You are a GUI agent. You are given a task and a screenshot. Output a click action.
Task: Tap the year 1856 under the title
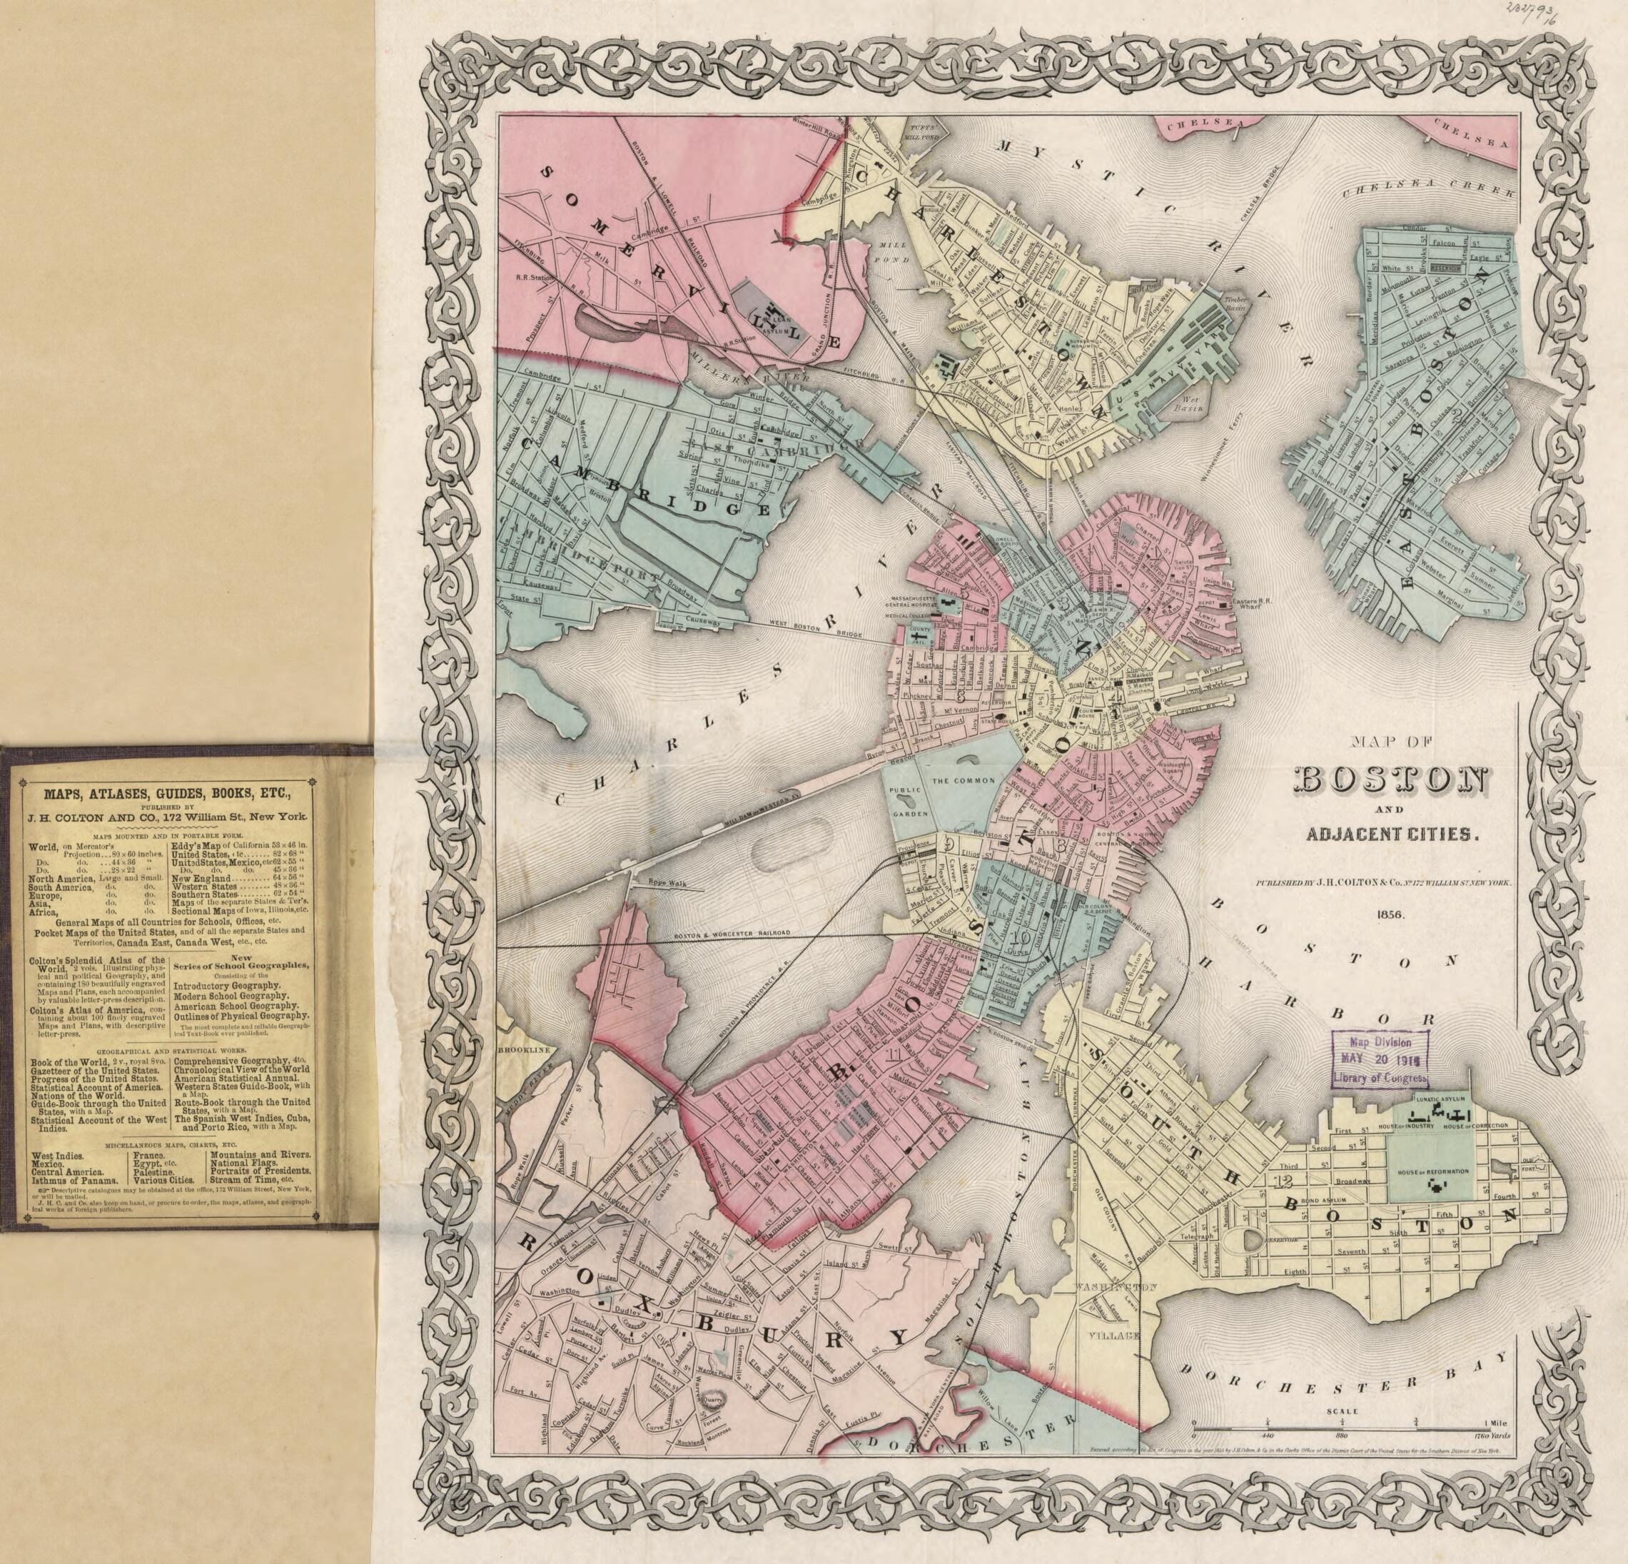click(x=1390, y=914)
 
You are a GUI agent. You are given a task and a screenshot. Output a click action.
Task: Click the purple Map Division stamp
click(x=1380, y=1057)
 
